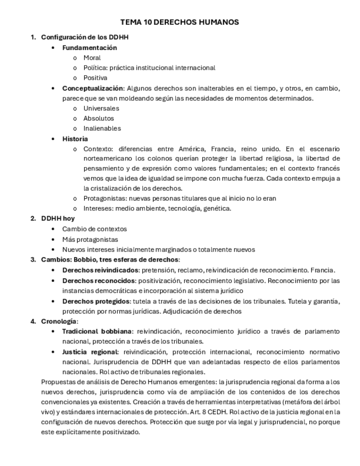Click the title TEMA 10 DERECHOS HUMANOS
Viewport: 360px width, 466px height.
tap(180, 23)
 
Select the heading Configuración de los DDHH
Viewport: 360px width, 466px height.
tap(85, 37)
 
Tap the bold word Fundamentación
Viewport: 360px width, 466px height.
tap(90, 48)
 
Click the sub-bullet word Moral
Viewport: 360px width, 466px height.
tap(92, 58)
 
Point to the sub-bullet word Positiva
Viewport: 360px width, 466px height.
tap(95, 78)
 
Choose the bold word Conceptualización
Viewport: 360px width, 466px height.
tap(93, 88)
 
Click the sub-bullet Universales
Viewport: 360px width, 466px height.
tap(101, 108)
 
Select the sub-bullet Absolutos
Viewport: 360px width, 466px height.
tap(98, 118)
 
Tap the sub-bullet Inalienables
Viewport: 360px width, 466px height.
tap(102, 129)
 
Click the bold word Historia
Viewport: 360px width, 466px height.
tap(75, 139)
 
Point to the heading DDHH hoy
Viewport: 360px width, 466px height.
tap(58, 218)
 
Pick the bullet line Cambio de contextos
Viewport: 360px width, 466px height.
tap(94, 229)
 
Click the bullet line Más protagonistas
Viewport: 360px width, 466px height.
tap(90, 239)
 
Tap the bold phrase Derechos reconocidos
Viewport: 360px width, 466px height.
tap(99, 280)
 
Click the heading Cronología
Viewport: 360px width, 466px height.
tap(59, 321)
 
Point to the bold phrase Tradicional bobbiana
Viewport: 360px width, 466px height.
tap(97, 331)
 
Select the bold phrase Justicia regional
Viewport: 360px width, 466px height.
tap(90, 352)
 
